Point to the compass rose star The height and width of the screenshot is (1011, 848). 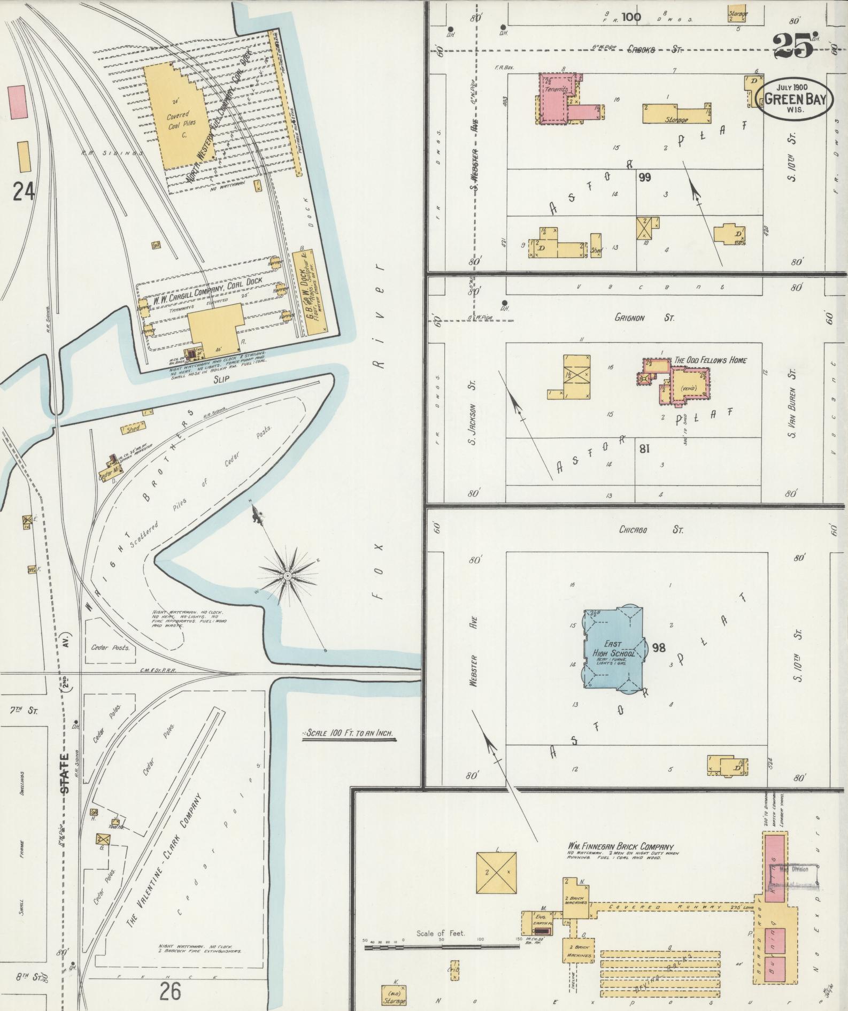click(x=288, y=575)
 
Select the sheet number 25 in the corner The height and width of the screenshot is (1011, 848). click(x=792, y=46)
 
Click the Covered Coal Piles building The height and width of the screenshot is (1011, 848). click(x=176, y=119)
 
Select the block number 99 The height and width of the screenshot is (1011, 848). click(x=644, y=177)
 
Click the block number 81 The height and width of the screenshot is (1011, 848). click(x=644, y=448)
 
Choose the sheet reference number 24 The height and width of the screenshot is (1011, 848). click(x=23, y=191)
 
